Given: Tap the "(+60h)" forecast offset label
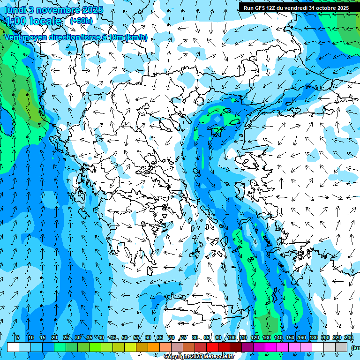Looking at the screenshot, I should (81, 21).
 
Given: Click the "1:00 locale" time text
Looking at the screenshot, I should (33, 21).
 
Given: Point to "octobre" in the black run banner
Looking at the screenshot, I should (323, 8).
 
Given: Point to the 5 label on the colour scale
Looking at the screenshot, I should (18, 337).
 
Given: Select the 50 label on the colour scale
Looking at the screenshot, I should (125, 337).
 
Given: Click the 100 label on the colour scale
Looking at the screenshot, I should (232, 337).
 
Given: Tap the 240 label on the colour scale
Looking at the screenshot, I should (349, 337).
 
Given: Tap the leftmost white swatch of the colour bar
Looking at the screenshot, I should (13, 347).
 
